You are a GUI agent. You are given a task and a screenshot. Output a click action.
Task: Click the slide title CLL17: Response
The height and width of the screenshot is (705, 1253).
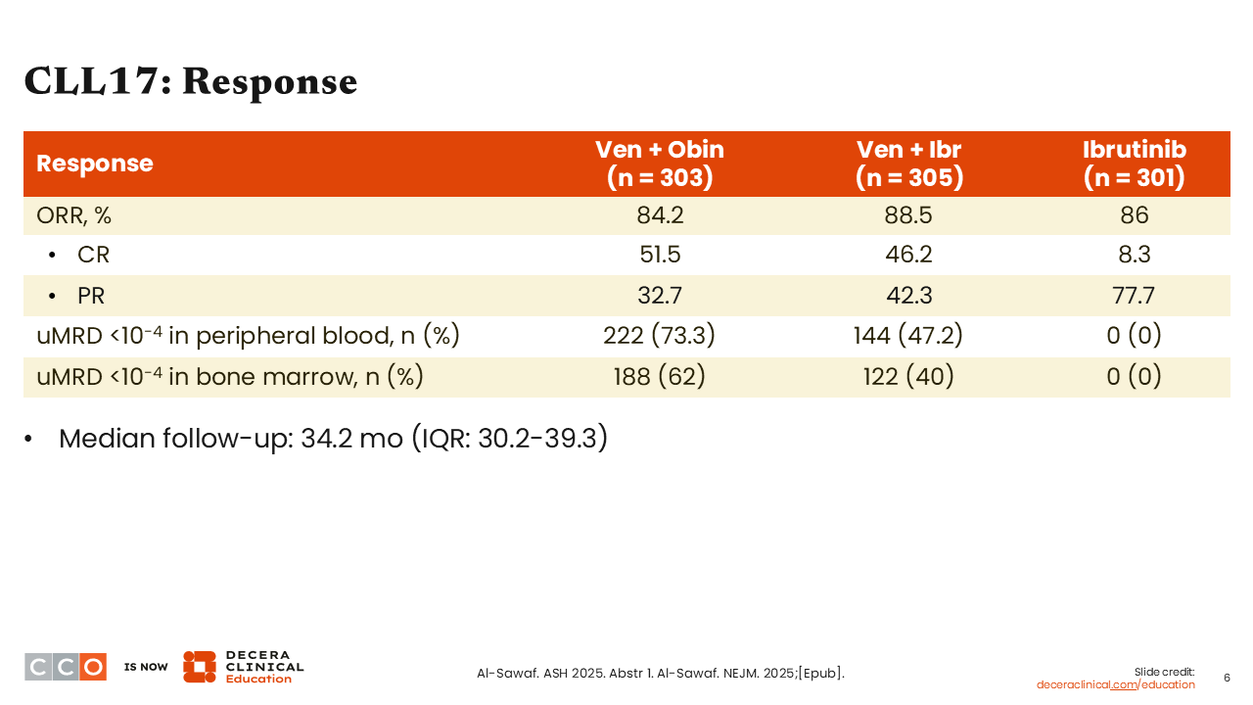pos(190,82)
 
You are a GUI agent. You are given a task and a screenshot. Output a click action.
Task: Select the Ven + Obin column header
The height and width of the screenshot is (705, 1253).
pos(660,164)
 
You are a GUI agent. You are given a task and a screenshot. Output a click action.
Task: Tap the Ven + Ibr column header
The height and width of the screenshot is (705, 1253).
pos(909,164)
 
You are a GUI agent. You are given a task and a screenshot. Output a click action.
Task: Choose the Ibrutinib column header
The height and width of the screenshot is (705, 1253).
pos(1135,164)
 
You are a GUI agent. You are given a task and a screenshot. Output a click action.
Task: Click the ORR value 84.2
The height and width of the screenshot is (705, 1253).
pos(660,215)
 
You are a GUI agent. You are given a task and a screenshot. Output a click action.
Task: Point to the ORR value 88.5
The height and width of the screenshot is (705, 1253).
pos(908,215)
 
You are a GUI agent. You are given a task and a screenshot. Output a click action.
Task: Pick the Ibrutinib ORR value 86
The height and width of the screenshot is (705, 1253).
pos(1135,215)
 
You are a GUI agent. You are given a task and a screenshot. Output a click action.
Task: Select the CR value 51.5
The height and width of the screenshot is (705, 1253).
pos(660,255)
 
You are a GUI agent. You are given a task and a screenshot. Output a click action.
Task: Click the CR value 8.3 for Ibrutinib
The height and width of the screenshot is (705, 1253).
pos(1135,255)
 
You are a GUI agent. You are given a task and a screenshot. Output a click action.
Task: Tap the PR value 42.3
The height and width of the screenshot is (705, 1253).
pos(909,296)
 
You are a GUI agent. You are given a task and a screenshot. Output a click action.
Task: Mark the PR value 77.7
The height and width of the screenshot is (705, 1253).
pos(1134,296)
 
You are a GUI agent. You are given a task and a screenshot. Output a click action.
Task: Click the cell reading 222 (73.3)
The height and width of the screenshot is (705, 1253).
pos(660,336)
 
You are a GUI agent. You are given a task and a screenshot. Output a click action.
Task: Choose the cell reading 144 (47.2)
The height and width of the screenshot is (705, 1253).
pos(908,336)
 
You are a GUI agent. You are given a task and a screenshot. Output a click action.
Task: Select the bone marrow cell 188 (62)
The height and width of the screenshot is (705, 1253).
pos(660,377)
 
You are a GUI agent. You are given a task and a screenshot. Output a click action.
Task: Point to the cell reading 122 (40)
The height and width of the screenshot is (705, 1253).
pos(908,377)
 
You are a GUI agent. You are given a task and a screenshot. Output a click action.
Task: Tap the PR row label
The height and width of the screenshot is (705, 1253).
pos(91,296)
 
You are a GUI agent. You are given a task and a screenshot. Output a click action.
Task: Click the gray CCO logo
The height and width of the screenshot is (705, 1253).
pos(66,667)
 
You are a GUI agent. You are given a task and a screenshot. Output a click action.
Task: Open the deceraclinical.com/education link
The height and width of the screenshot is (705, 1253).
pos(1115,684)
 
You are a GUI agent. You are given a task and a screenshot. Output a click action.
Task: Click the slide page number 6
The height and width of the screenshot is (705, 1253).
pos(1227,679)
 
